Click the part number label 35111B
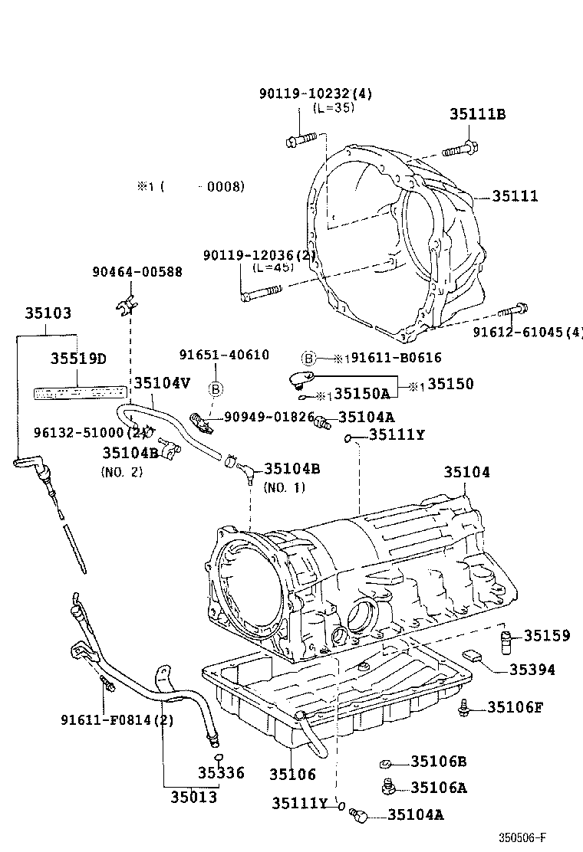(x=477, y=115)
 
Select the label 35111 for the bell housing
(x=515, y=196)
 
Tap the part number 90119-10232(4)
(x=315, y=93)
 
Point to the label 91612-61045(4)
(x=527, y=332)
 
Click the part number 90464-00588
(x=137, y=271)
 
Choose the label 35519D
(x=78, y=359)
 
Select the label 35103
(x=48, y=313)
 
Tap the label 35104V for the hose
(x=162, y=383)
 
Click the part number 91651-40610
(x=224, y=355)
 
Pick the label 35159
(x=547, y=635)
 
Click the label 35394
(x=532, y=670)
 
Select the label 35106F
(x=515, y=706)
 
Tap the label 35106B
(x=438, y=761)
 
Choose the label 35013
(x=193, y=798)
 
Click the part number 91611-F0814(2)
(x=117, y=719)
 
